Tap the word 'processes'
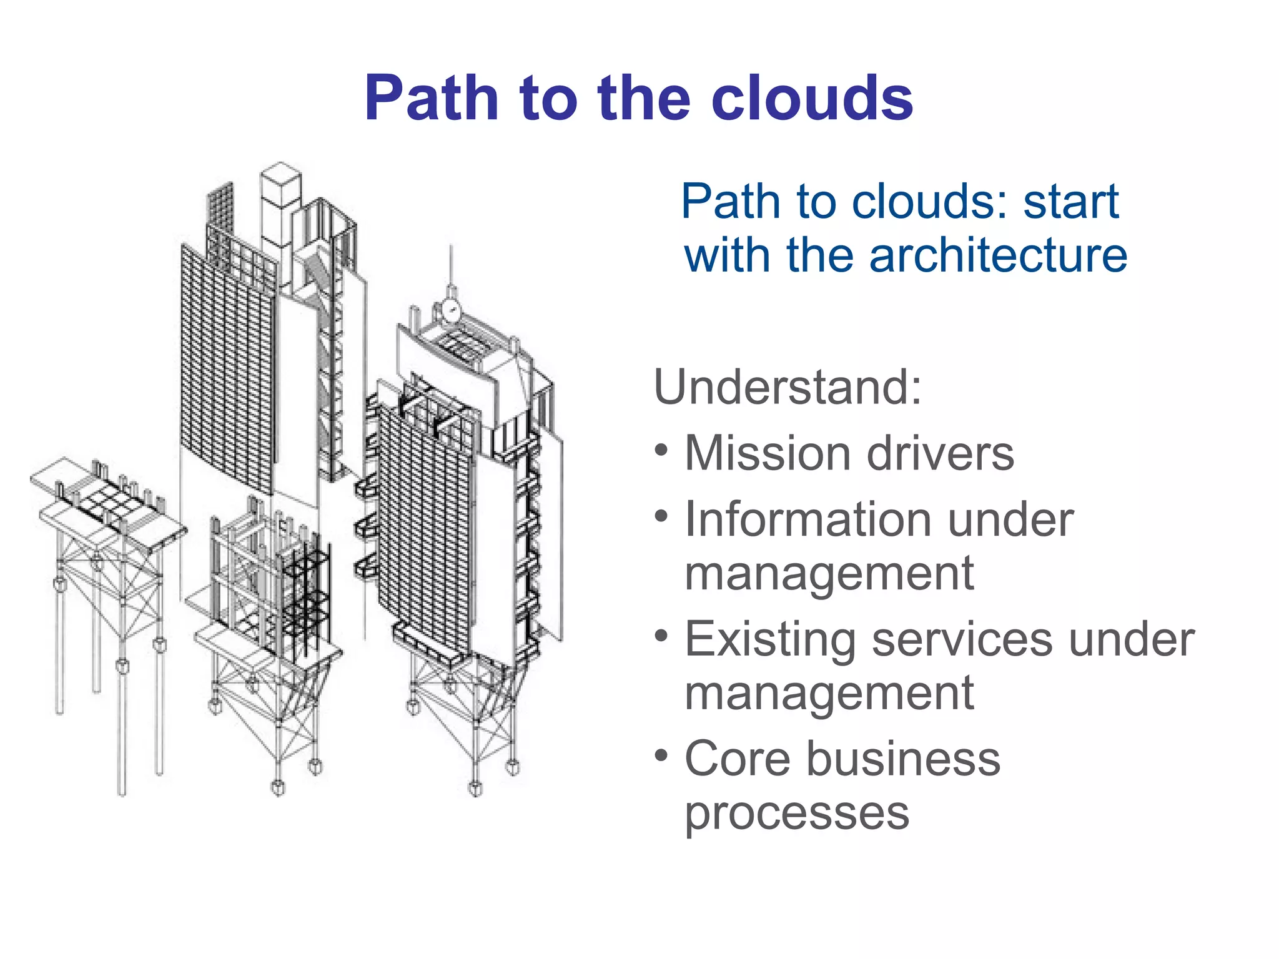pyautogui.click(x=797, y=813)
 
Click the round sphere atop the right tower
pyautogui.click(x=450, y=310)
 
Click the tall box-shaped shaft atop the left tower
pyautogui.click(x=280, y=206)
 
